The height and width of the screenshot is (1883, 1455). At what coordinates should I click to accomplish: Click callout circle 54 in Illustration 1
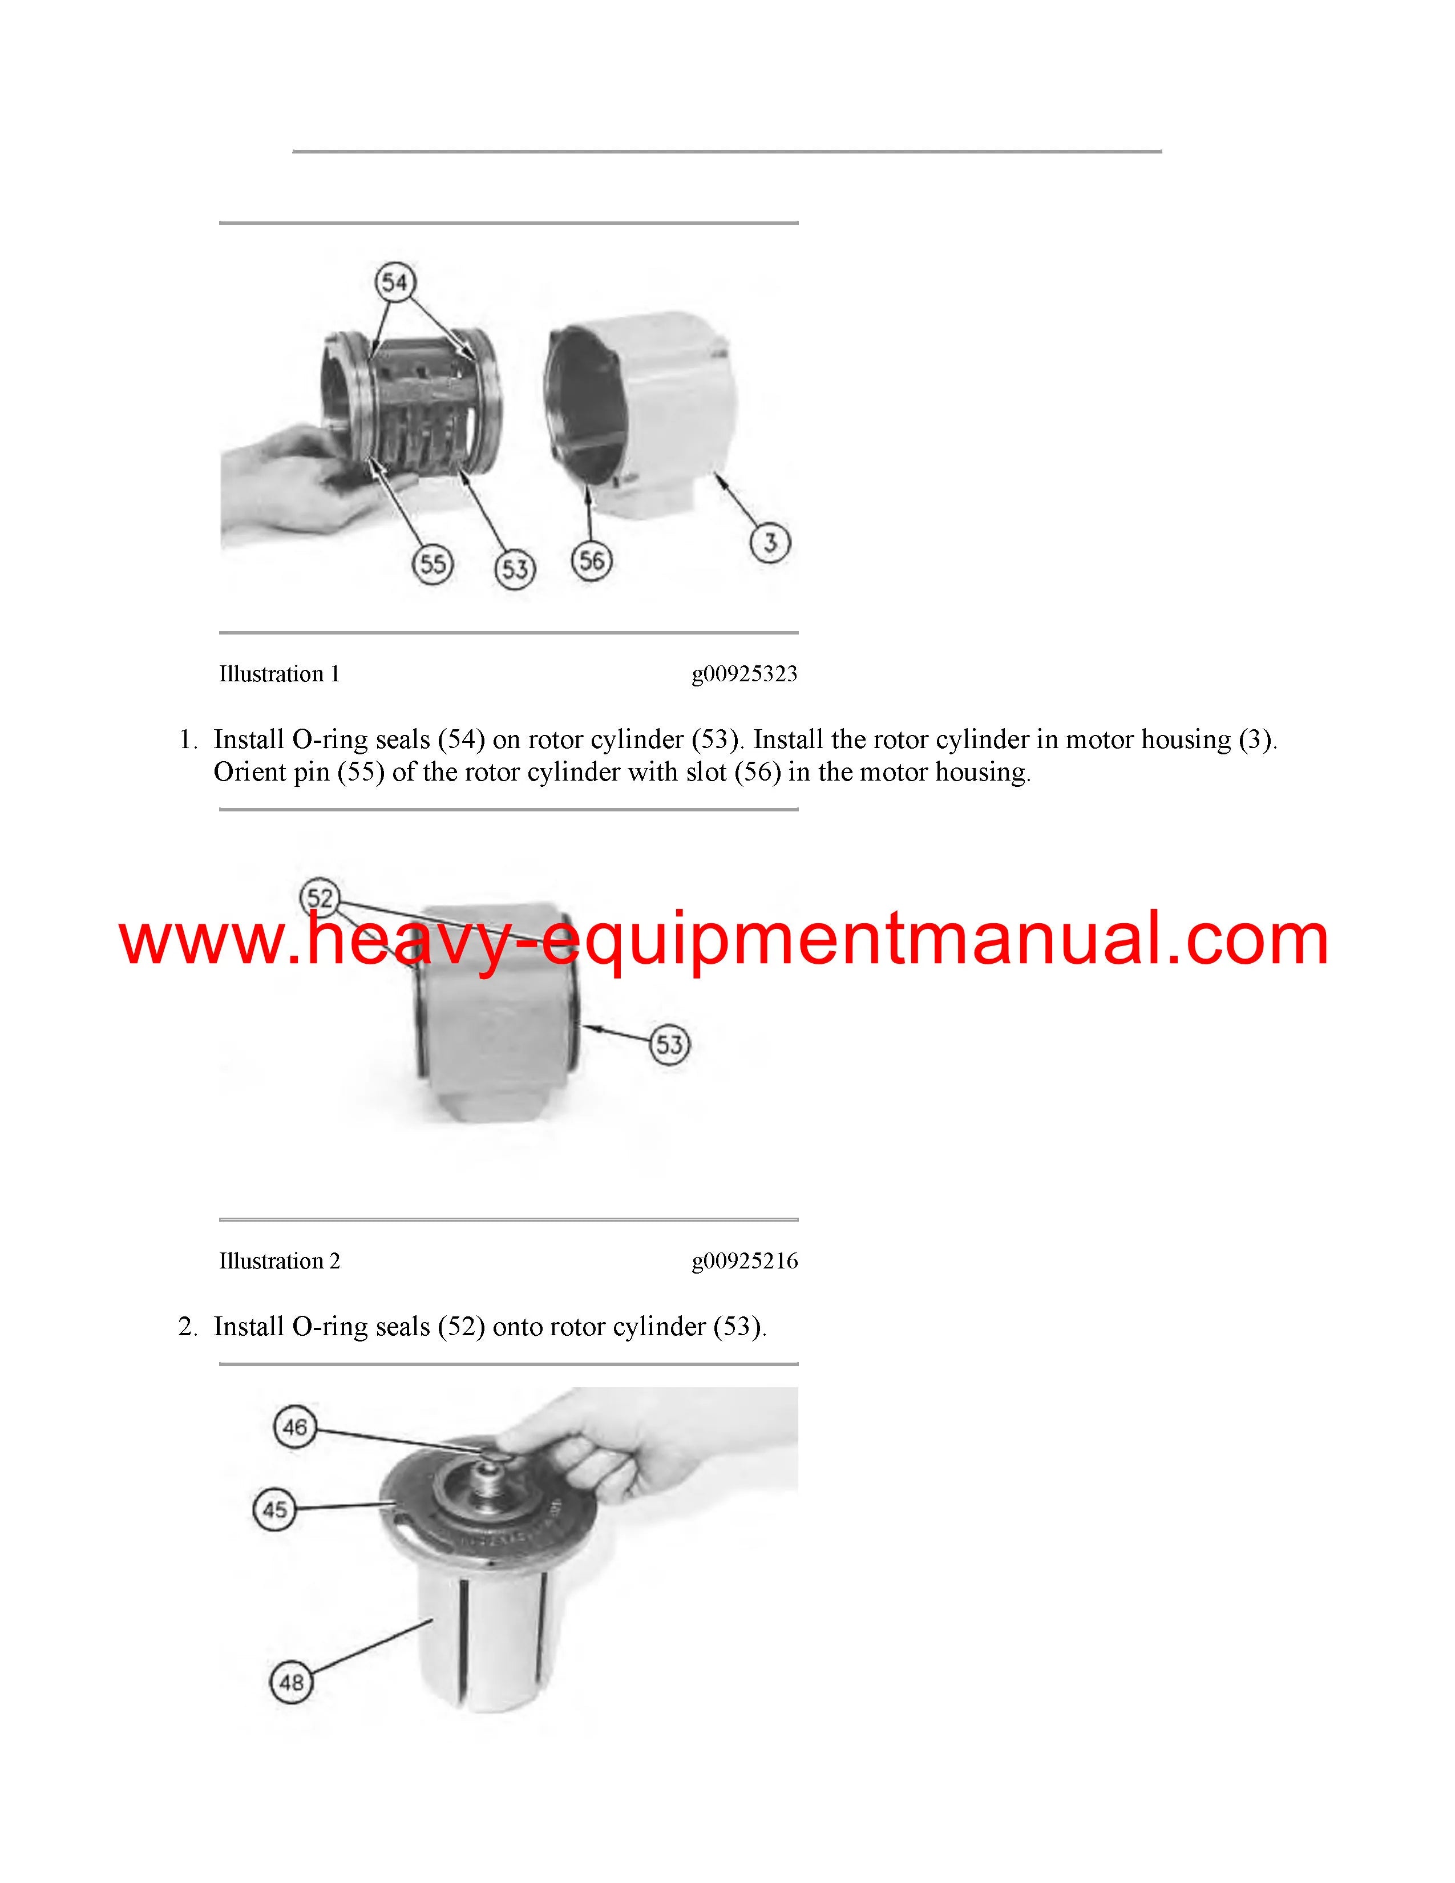click(x=395, y=282)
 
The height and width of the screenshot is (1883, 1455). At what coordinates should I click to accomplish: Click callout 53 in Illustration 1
click(x=515, y=569)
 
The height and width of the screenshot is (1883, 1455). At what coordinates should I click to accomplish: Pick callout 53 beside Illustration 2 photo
click(x=670, y=1045)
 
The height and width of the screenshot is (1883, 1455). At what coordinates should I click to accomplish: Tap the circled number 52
click(x=320, y=898)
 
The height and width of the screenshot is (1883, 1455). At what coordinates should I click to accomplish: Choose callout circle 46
click(x=295, y=1427)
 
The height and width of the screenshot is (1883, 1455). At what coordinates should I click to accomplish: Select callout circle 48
click(x=292, y=1682)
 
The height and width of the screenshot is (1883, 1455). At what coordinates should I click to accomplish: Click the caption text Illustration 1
click(x=279, y=674)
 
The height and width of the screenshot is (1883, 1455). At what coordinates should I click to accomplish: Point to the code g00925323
click(x=745, y=674)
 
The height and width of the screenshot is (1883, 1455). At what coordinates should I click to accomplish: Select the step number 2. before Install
click(x=188, y=1327)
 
